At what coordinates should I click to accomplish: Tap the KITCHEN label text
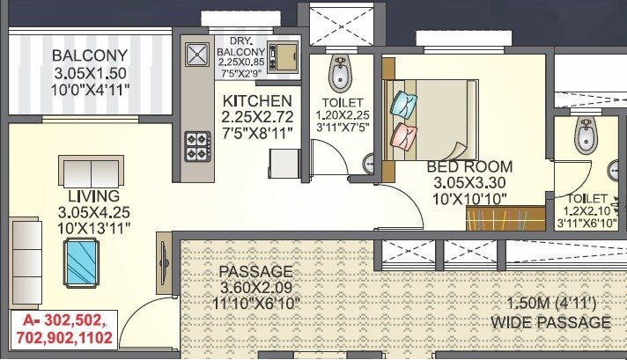(256, 99)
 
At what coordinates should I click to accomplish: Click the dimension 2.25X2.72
(256, 115)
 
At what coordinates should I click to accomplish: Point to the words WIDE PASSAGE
(551, 323)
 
